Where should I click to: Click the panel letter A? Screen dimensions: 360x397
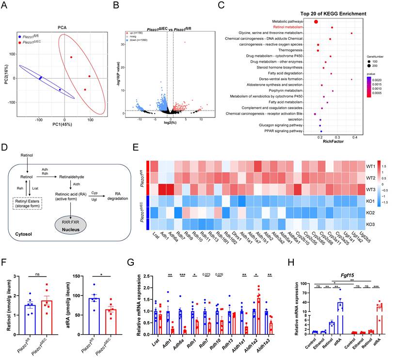click(4, 5)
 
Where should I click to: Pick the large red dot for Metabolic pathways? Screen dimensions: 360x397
click(316, 21)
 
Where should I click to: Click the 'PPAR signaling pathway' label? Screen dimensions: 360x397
click(282, 131)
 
